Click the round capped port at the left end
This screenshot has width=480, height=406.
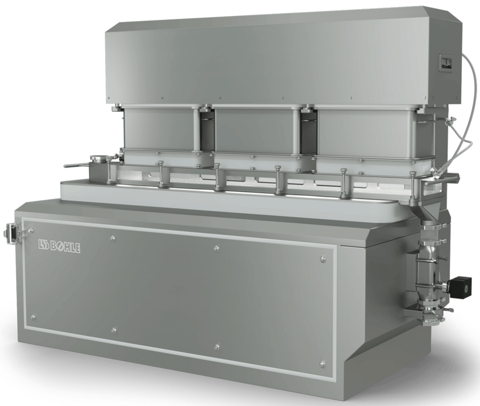100,159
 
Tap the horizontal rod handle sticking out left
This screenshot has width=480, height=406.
76,166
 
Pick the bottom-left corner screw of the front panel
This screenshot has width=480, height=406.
33,316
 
